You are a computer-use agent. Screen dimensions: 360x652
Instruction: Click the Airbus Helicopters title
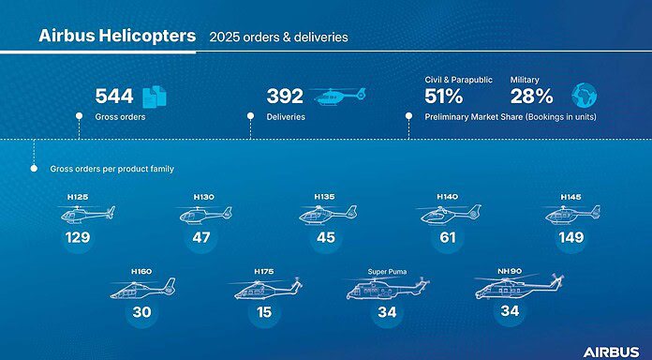click(x=117, y=37)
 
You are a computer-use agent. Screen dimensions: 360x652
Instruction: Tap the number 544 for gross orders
click(x=114, y=96)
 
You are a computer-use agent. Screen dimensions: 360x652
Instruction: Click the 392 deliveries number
click(x=285, y=96)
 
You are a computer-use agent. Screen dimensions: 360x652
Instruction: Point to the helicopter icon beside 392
click(x=340, y=96)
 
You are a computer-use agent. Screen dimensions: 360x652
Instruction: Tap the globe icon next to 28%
click(x=583, y=95)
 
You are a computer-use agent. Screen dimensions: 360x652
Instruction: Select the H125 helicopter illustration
click(x=86, y=216)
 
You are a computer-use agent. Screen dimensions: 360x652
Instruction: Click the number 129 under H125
click(x=78, y=238)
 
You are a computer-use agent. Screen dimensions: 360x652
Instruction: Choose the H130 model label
click(x=203, y=197)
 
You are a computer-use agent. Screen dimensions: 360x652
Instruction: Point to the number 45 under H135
click(x=326, y=238)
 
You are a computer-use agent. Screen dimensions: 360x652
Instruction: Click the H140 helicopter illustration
click(x=447, y=216)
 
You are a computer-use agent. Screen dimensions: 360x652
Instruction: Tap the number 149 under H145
click(x=570, y=238)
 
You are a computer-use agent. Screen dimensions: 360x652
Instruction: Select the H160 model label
click(x=141, y=271)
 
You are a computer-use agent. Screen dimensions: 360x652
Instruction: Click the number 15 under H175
click(x=263, y=312)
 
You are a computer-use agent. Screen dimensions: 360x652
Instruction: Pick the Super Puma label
click(x=387, y=271)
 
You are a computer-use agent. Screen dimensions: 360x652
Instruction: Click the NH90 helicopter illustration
click(x=516, y=287)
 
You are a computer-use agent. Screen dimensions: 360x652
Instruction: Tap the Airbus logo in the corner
click(x=611, y=352)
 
